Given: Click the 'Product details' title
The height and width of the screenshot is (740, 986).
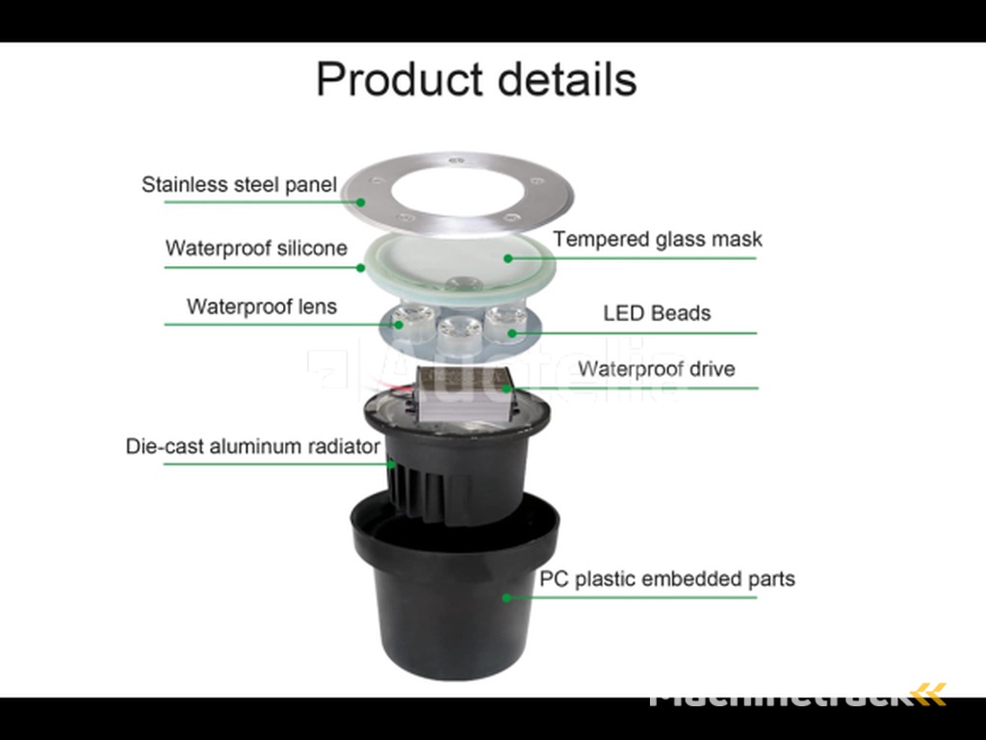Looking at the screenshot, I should (476, 79).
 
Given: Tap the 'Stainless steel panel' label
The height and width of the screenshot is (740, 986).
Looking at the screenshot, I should (239, 184).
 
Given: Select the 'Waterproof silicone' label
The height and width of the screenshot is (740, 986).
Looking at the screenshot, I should (256, 248).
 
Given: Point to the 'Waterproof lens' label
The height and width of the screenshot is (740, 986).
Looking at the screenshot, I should (262, 306).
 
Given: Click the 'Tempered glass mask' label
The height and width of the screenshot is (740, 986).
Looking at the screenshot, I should (657, 239).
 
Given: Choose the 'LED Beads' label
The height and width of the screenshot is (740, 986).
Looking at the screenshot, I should (657, 313).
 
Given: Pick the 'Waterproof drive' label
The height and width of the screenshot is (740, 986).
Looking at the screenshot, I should (656, 369).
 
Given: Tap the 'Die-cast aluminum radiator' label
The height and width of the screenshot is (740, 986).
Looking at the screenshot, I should (253, 446).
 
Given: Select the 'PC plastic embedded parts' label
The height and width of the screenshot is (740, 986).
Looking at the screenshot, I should (666, 579).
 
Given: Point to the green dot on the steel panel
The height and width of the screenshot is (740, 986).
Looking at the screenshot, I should (360, 201).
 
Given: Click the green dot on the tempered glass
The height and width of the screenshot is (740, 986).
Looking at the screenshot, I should (508, 257).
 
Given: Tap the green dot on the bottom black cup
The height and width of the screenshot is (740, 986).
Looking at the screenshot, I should (506, 597).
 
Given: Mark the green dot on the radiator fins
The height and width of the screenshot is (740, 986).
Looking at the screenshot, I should (391, 463).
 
